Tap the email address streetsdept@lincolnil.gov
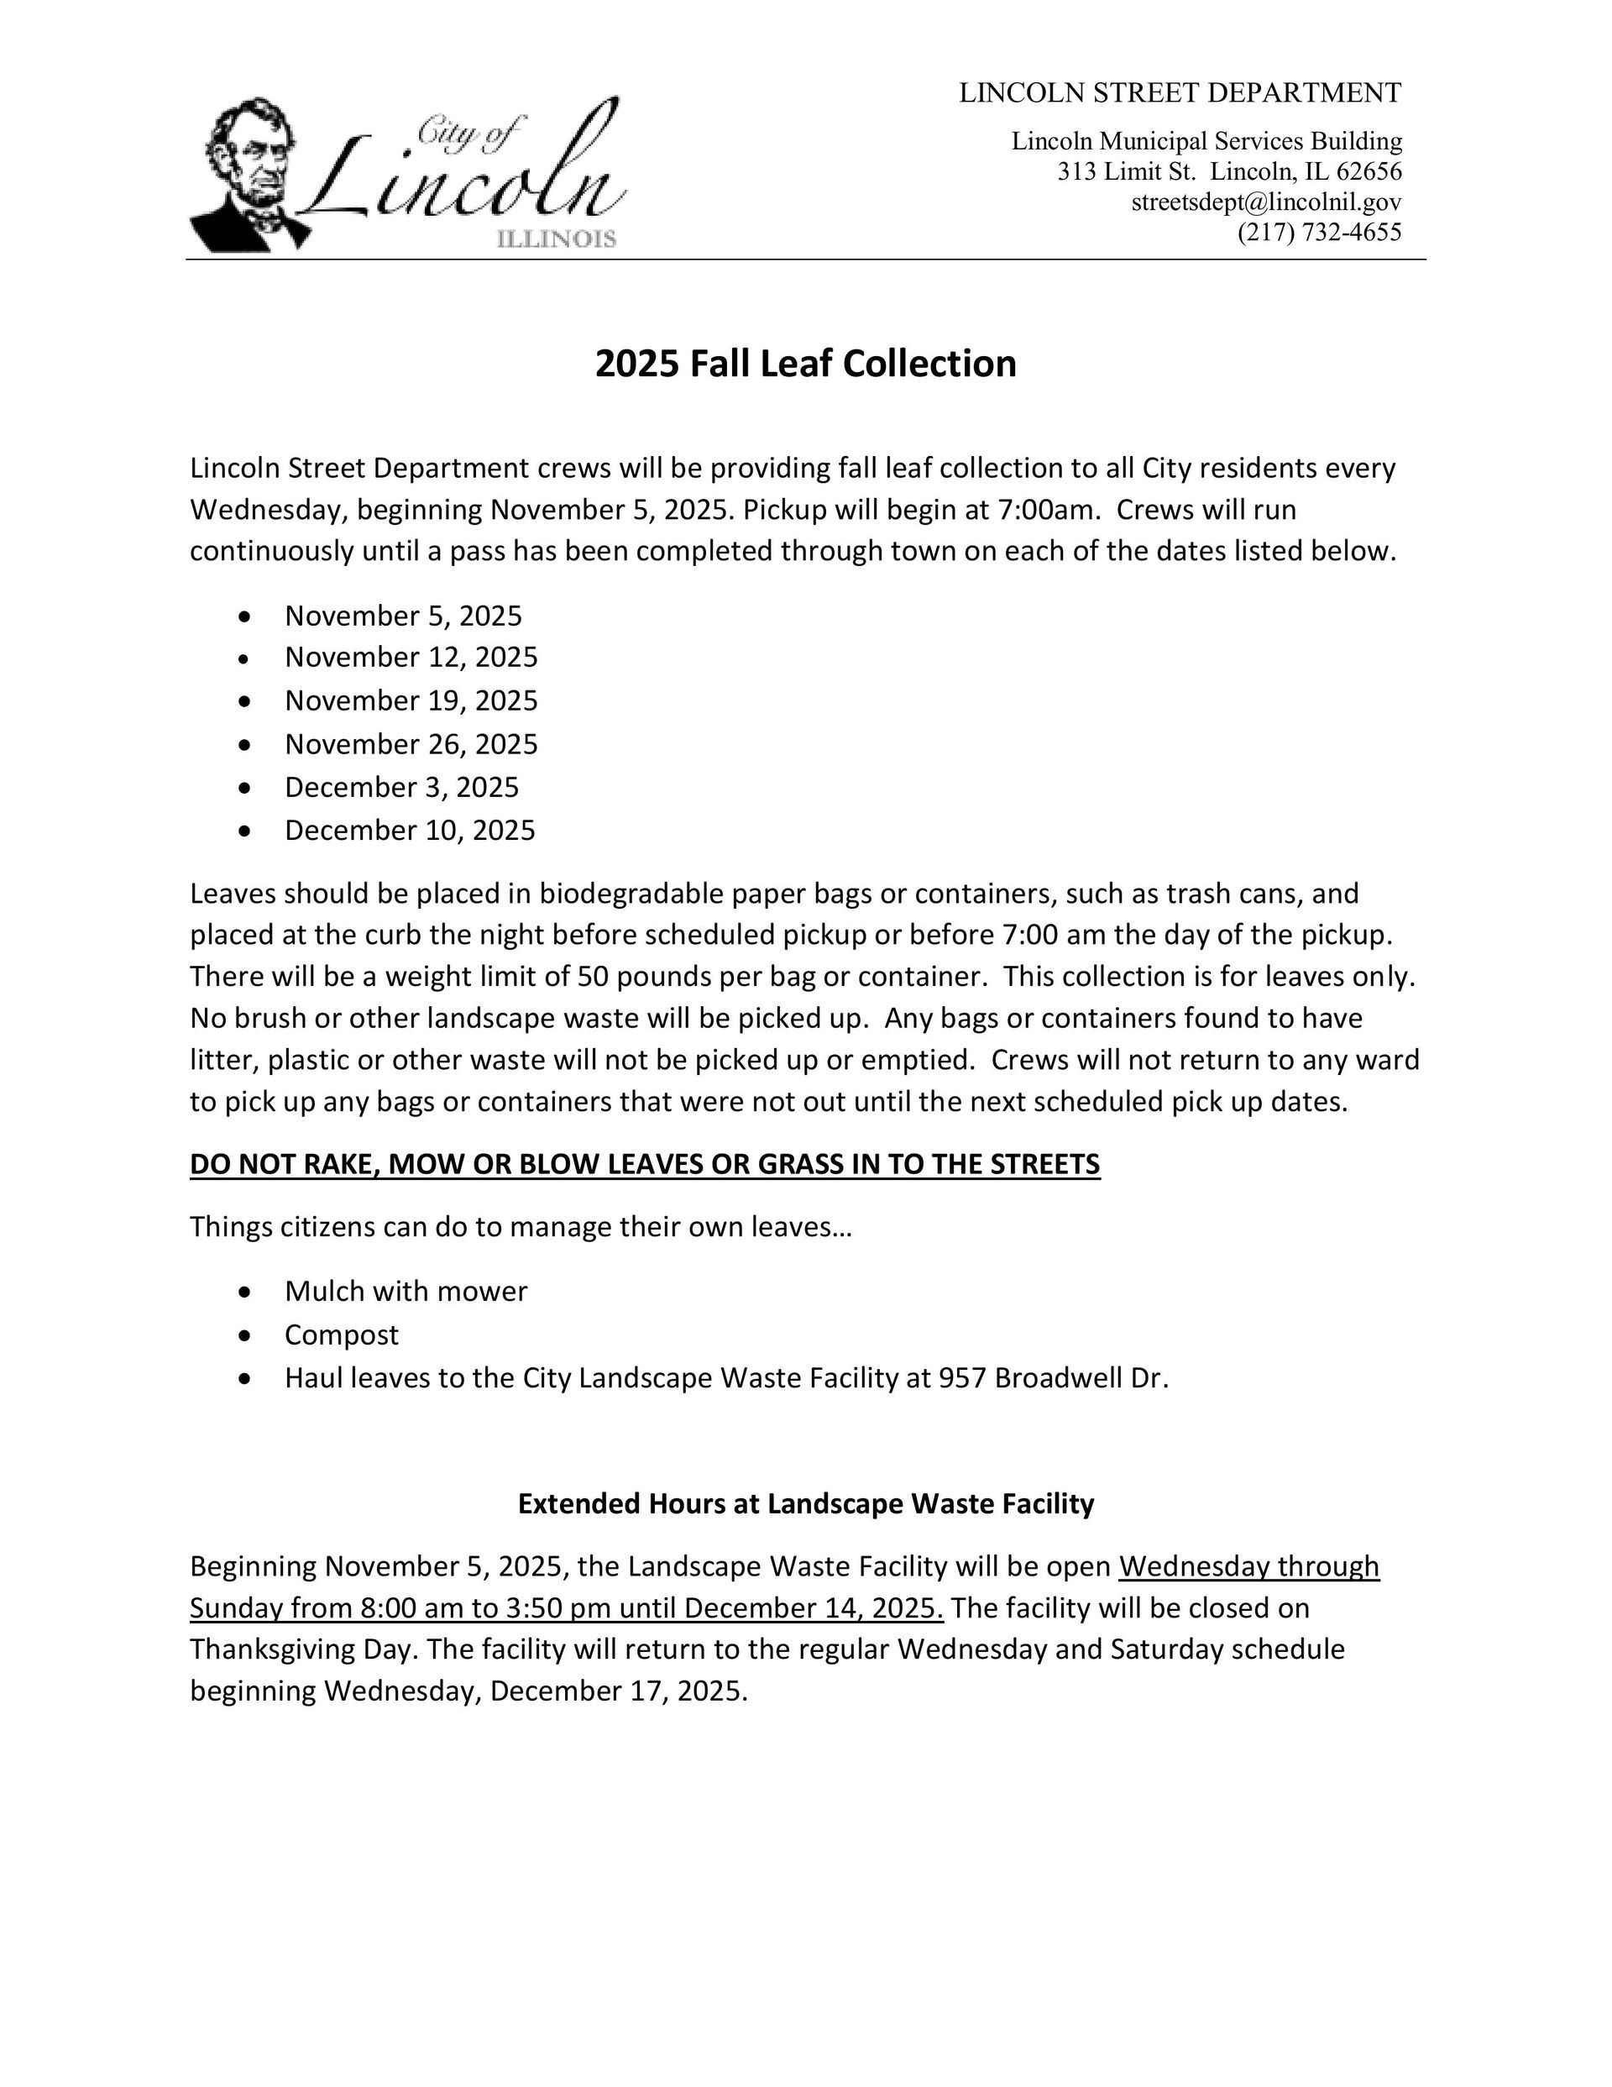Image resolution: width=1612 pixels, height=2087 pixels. click(x=1266, y=202)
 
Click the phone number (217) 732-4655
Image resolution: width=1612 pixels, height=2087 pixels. click(x=1319, y=232)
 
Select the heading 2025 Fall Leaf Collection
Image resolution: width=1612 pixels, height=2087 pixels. click(x=805, y=364)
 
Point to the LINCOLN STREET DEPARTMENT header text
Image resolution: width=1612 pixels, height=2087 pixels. click(x=1180, y=92)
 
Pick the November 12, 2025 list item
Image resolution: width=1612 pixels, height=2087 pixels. click(x=411, y=658)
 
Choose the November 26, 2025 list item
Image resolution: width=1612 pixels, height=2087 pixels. click(x=411, y=743)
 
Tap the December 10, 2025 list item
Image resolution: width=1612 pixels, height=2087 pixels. click(x=409, y=830)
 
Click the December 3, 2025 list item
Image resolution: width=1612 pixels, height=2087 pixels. click(x=401, y=786)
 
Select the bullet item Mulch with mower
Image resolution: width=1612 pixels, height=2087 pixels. click(x=406, y=1291)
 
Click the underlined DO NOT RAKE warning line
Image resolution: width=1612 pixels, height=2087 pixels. click(x=645, y=1164)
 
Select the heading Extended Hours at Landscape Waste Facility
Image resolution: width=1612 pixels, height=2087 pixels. click(x=805, y=1504)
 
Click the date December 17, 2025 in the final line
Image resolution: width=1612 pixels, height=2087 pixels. click(x=617, y=1691)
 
